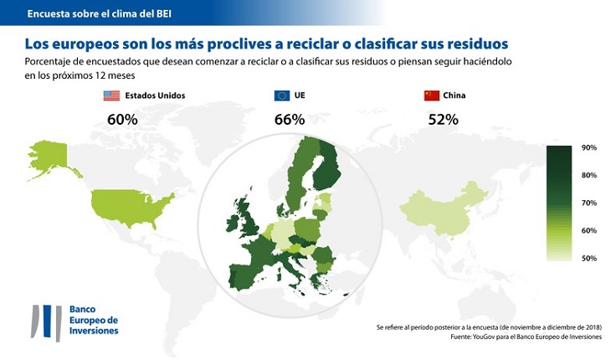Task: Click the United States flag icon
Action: click(111, 95)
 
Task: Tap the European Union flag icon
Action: click(282, 95)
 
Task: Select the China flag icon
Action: click(432, 95)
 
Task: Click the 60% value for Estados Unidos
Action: click(122, 120)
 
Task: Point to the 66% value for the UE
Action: click(289, 120)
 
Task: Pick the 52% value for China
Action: click(443, 120)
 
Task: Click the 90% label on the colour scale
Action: click(588, 148)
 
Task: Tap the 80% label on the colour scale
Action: click(588, 176)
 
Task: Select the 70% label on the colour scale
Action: click(588, 203)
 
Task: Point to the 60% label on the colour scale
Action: click(588, 231)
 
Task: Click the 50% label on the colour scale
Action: click(588, 259)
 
